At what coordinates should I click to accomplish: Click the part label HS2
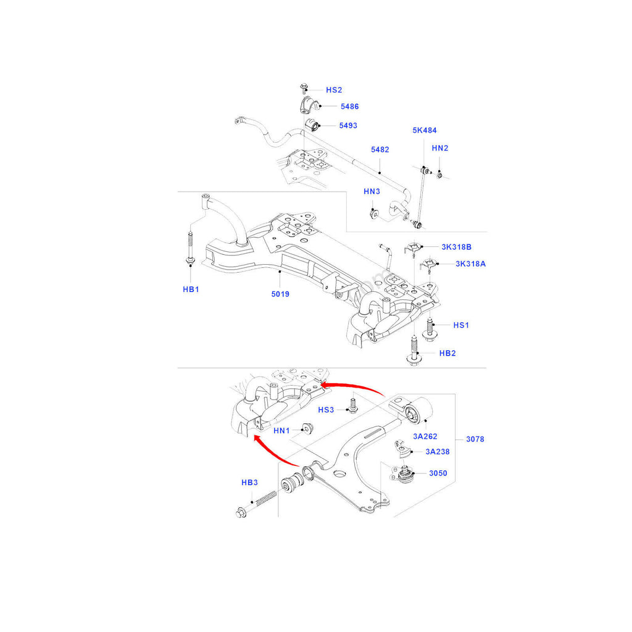coord(334,90)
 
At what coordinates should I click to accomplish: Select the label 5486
coord(349,107)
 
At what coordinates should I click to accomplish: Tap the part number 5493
coord(348,126)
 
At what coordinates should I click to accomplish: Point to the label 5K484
coord(425,131)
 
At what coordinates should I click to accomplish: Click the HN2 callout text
coord(440,148)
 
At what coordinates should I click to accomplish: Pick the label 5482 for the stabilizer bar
coord(380,150)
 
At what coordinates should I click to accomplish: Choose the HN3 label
coord(372,192)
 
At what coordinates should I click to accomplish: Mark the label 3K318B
coord(456,247)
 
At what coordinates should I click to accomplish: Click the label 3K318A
coord(470,264)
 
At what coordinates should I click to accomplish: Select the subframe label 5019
coord(280,294)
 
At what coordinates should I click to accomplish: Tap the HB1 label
coord(190,289)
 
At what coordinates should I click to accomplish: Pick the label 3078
coord(475,439)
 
